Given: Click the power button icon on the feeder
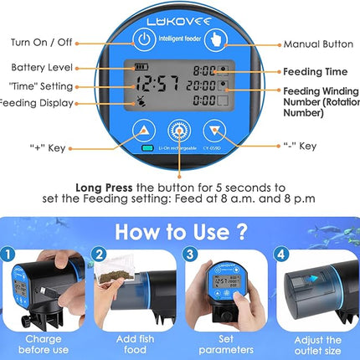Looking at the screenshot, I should tap(144, 39).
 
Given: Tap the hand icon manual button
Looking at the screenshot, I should tap(216, 39).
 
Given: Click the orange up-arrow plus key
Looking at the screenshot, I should tap(143, 131).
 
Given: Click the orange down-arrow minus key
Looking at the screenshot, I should tap(216, 131).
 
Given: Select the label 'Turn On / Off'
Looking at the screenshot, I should tap(43, 41).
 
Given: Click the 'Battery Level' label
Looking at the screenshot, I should tap(43, 66).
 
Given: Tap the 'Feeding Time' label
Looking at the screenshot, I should tap(314, 72).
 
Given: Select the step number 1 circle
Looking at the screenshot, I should tap(8, 254).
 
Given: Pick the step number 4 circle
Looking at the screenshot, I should tap(282, 254).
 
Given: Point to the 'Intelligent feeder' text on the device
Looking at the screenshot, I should tap(180, 37).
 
